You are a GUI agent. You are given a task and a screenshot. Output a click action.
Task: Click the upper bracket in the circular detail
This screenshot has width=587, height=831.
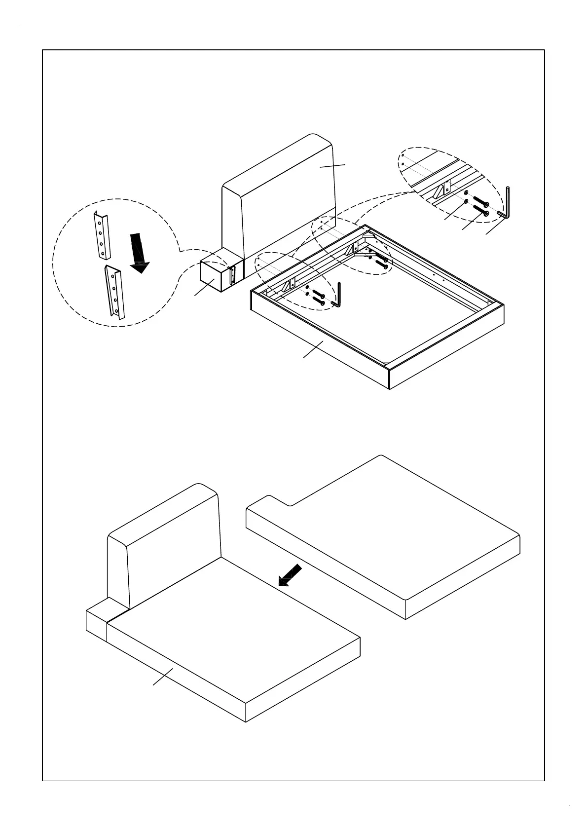coord(102,234)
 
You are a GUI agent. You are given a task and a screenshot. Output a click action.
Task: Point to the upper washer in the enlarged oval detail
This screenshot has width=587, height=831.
coord(467,192)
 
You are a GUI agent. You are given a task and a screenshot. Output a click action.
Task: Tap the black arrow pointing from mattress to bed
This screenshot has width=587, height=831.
coord(290,575)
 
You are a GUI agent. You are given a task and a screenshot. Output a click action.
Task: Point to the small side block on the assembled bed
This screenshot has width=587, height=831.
coord(97,624)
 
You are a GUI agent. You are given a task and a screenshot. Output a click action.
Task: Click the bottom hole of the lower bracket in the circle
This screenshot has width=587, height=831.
coord(117,311)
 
